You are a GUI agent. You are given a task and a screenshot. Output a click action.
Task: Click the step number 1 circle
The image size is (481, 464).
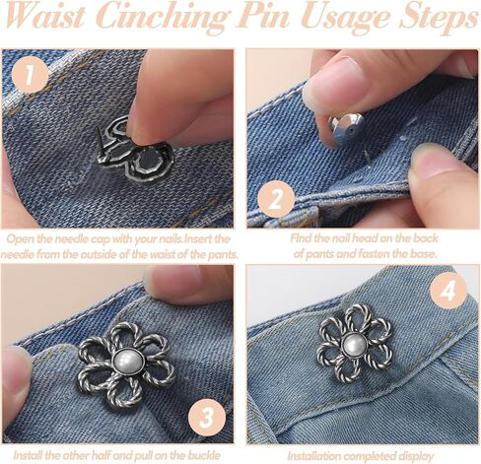(x=31, y=75)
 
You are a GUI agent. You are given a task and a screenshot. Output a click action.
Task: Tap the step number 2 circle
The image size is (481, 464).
(x=276, y=199)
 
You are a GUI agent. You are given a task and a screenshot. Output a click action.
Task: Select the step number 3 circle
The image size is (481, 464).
(x=207, y=417)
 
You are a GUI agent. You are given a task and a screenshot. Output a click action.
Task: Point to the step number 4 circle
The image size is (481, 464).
(x=448, y=291)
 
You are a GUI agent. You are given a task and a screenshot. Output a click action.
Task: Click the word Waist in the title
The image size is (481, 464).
(x=45, y=17)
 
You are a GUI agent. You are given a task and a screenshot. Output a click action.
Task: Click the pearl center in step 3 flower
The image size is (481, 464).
(x=128, y=362)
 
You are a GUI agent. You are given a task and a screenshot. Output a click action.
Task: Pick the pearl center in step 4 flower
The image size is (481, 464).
(x=354, y=346)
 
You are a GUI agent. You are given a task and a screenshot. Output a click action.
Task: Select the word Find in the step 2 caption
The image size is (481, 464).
(x=301, y=237)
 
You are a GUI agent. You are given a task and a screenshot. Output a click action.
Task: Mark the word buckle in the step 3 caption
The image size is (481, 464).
(x=204, y=455)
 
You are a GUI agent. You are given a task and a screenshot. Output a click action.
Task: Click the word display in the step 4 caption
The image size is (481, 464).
(x=416, y=456)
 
